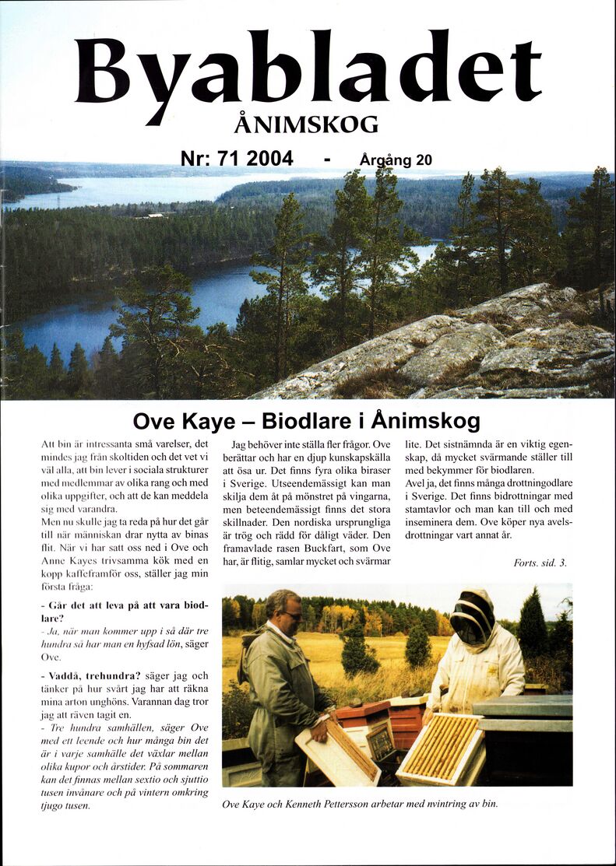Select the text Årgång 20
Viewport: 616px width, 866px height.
pos(396,160)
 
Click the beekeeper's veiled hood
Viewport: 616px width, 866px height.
pos(473,619)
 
